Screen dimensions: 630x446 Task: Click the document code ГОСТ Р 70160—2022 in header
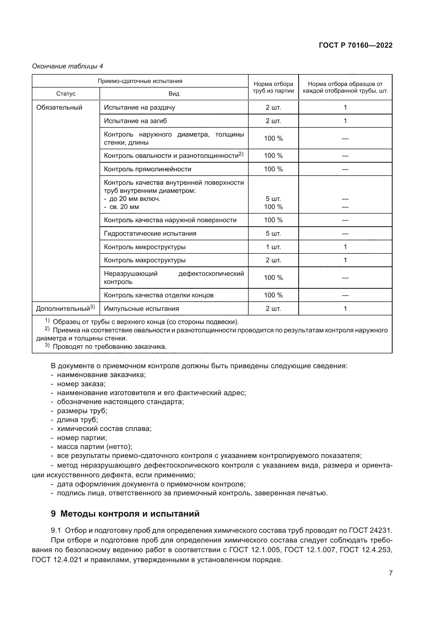pos(355,45)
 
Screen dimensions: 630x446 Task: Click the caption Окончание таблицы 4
pos(68,66)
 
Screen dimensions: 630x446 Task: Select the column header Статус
pos(66,94)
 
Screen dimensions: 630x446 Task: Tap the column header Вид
pos(174,94)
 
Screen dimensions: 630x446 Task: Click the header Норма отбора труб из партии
pos(273,87)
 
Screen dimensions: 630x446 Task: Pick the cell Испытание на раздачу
pos(139,107)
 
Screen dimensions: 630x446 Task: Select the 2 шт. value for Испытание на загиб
pos(273,121)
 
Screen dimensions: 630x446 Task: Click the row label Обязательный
pos(59,107)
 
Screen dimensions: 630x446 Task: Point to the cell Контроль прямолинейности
pos(147,169)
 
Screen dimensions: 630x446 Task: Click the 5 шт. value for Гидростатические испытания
pos(273,234)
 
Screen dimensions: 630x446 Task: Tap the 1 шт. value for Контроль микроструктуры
pos(273,247)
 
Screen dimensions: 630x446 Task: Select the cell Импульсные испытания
pos(142,309)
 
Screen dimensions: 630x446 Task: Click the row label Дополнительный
pos(63,309)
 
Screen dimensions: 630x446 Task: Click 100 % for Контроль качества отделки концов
pos(273,295)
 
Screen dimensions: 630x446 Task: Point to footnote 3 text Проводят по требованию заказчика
pos(109,347)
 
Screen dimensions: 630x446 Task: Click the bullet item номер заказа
pos(81,384)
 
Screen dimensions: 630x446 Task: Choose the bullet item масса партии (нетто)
pos(94,447)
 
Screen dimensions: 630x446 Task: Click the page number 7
pos(390,573)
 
